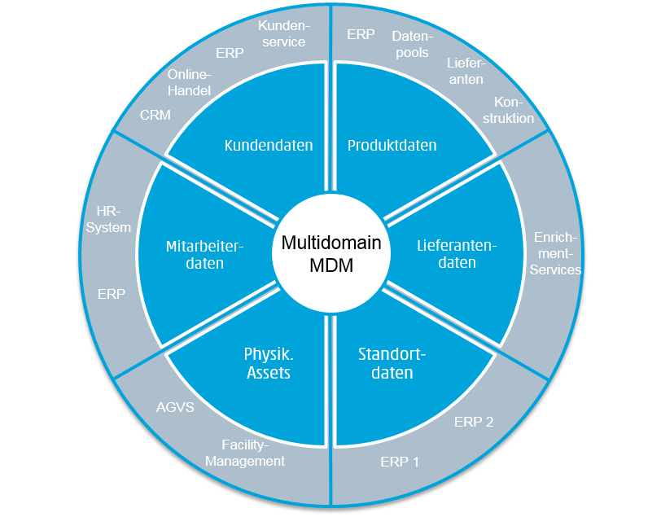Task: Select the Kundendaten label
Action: (269, 146)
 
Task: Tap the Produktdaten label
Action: (392, 146)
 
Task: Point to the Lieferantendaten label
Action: (457, 254)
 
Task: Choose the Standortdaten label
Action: (392, 364)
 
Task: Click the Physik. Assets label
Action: (268, 364)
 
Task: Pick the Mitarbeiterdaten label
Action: (193, 254)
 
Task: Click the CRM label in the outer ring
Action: (155, 115)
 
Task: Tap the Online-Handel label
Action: (189, 83)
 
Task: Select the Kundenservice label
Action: (281, 33)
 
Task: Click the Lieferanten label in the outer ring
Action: (465, 71)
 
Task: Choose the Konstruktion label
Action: (514, 110)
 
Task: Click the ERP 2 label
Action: (474, 422)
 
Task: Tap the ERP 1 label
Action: (400, 462)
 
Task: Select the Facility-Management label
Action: (245, 453)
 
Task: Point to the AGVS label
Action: (175, 406)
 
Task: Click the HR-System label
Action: (108, 220)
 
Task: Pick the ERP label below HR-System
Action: (111, 294)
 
